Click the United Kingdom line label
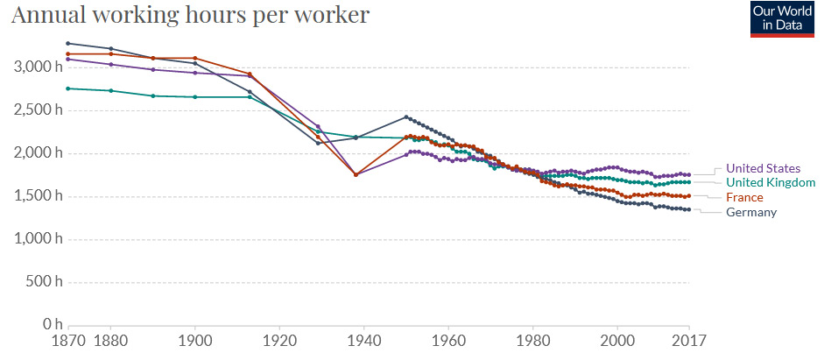click(771, 182)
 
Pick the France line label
click(744, 197)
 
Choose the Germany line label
click(751, 212)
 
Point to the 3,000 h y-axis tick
click(32, 67)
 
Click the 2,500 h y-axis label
click(32, 110)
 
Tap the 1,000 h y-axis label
click(32, 239)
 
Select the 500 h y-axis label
click(38, 282)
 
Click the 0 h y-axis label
click(45, 325)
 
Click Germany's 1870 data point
click(68, 43)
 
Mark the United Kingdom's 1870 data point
click(68, 88)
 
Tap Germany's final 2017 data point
click(689, 209)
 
